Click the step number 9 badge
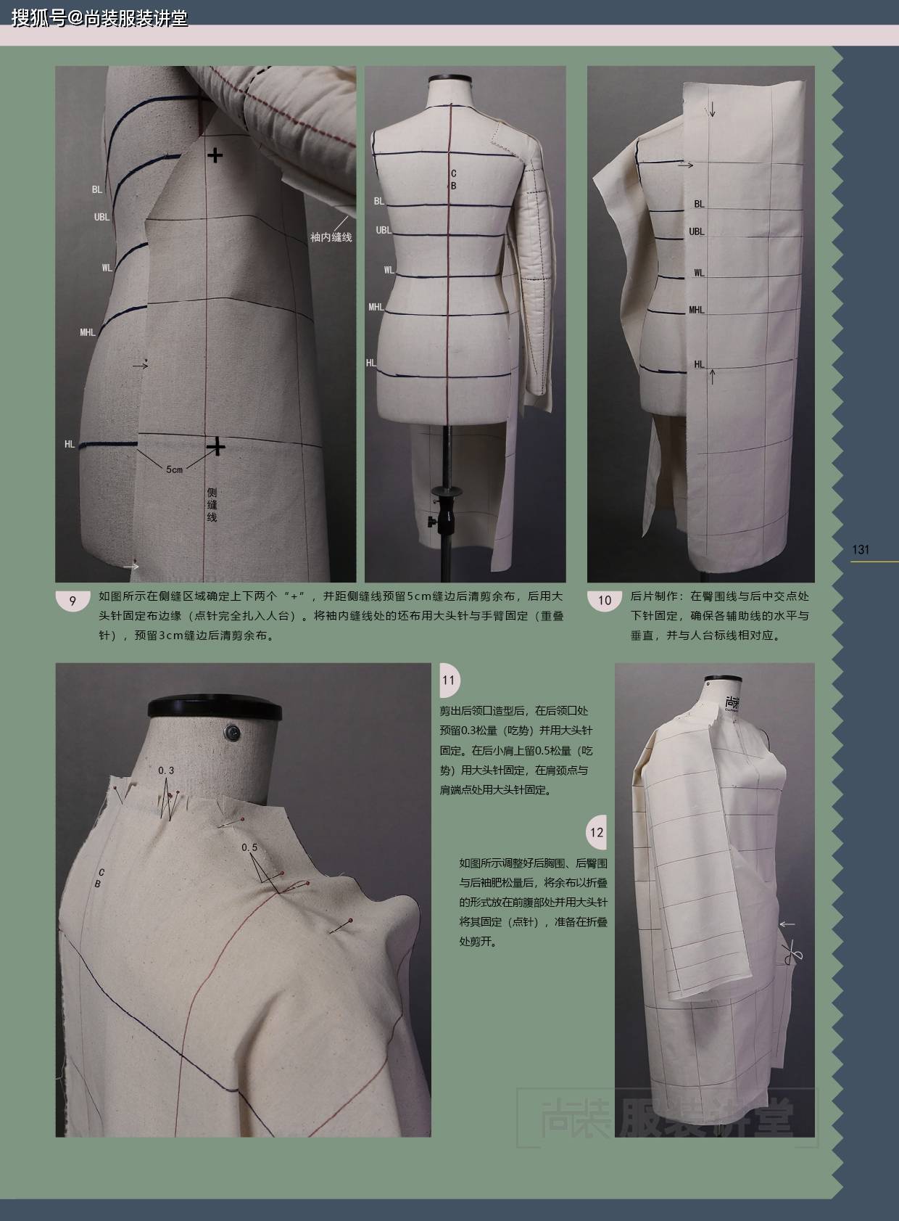[x=72, y=601]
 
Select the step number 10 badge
[x=605, y=601]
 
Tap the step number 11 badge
[x=449, y=681]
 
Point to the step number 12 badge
[x=597, y=832]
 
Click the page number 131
[x=861, y=549]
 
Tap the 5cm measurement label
[x=174, y=469]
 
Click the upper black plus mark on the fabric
[x=215, y=155]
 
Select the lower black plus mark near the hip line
[x=216, y=446]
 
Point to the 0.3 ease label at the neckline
[x=166, y=770]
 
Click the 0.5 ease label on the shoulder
[x=249, y=847]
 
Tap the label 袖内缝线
[x=331, y=237]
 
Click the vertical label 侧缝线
[x=212, y=505]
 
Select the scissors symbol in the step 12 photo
[x=792, y=953]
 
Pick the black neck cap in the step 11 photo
[x=215, y=708]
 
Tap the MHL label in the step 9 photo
[x=88, y=332]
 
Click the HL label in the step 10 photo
[x=699, y=364]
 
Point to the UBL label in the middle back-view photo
[x=383, y=230]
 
